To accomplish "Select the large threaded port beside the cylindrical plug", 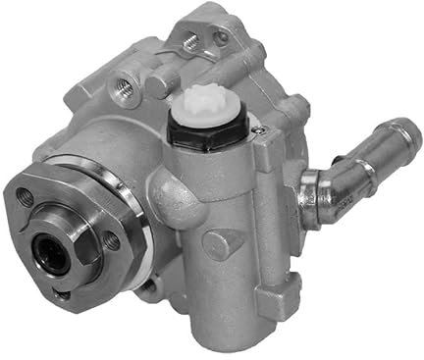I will pyautogui.click(x=122, y=90).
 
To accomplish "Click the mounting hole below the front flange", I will pyautogui.click(x=148, y=286).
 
